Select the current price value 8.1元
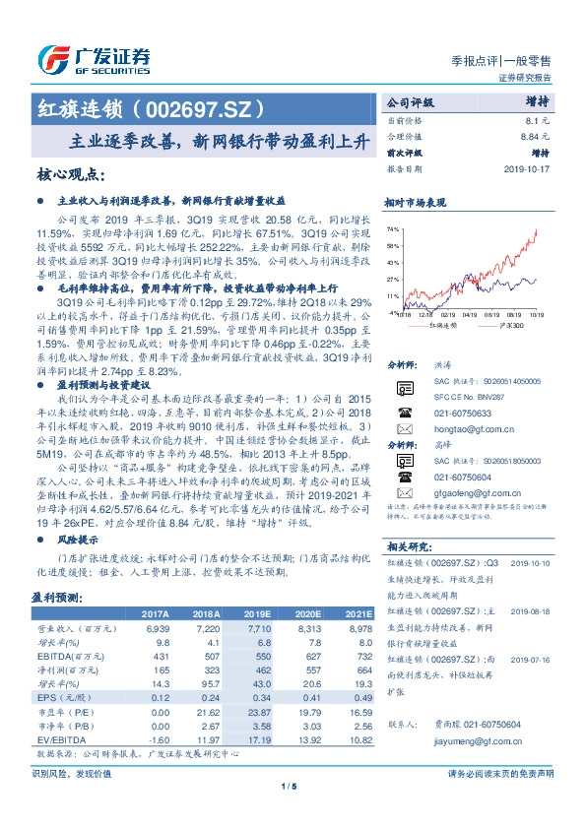point(551,120)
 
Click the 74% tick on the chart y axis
point(393,227)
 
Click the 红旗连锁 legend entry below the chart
point(444,325)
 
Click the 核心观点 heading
point(69,174)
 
